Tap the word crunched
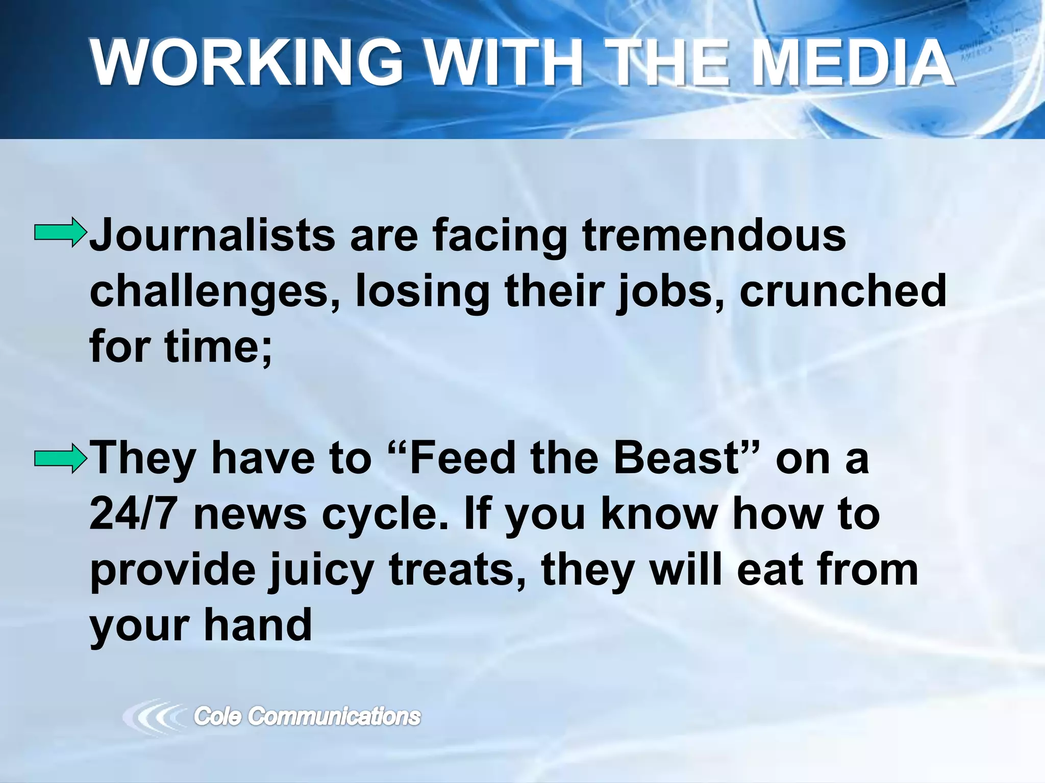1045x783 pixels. (x=843, y=291)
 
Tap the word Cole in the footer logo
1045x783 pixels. (x=217, y=716)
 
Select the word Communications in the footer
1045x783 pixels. (x=334, y=716)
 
